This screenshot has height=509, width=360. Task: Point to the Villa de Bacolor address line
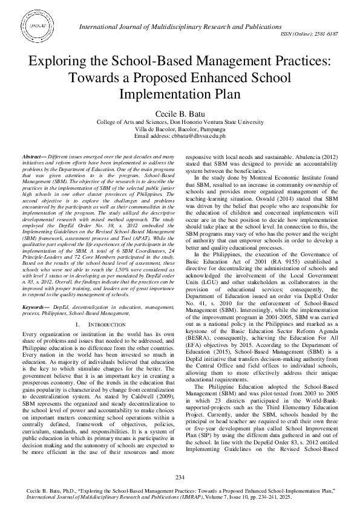click(180, 129)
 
